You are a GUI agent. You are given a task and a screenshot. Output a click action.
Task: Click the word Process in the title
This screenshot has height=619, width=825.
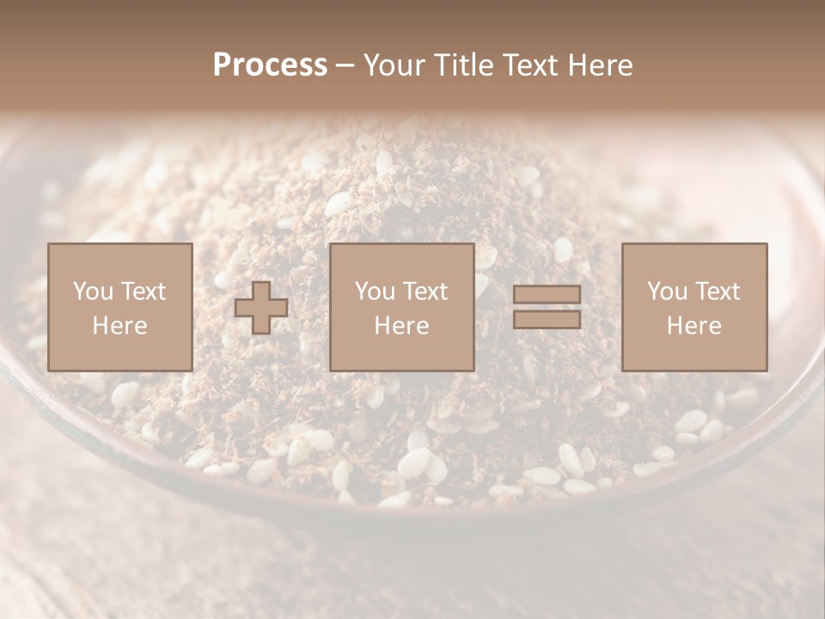click(270, 65)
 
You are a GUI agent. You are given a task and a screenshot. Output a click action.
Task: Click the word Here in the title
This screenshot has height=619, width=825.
click(602, 65)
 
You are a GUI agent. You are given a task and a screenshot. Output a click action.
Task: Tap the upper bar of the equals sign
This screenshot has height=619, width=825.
click(547, 295)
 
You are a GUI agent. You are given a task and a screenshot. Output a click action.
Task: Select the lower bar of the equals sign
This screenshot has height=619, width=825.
click(547, 319)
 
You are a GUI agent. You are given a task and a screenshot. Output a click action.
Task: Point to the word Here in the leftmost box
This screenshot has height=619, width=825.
click(120, 326)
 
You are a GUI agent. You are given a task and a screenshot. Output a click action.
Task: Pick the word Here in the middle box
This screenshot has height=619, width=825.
click(402, 326)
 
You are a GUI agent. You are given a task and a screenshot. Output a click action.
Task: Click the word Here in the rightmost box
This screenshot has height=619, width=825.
click(694, 326)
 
